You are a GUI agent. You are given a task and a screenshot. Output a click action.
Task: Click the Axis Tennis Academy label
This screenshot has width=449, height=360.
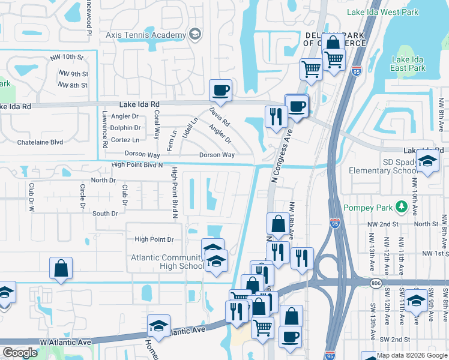click(146, 35)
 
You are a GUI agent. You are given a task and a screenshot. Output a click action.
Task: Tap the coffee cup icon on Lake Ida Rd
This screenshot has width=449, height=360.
click(220, 90)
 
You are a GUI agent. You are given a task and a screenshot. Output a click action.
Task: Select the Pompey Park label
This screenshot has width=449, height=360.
click(367, 208)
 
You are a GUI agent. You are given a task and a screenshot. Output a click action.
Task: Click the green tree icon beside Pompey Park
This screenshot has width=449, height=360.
click(400, 208)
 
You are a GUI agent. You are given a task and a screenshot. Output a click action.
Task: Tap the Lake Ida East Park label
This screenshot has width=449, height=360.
click(408, 64)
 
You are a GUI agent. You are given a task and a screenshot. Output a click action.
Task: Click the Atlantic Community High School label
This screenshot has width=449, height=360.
click(167, 262)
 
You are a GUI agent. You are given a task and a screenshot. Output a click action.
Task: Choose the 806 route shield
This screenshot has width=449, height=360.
click(376, 283)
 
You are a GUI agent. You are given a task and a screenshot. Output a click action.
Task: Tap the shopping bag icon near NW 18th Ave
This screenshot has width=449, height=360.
click(277, 224)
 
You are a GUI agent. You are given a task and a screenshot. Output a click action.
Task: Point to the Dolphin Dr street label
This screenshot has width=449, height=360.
click(126, 128)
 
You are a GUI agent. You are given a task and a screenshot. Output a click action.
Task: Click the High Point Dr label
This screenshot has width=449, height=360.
click(154, 239)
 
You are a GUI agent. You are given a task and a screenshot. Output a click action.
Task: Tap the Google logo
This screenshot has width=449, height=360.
click(20, 353)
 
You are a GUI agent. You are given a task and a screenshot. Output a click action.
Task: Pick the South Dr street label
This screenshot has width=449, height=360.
click(105, 214)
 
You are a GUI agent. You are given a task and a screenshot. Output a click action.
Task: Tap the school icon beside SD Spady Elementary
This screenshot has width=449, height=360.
click(427, 161)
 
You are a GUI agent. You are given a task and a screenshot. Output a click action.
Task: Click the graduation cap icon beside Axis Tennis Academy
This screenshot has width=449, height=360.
click(194, 35)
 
